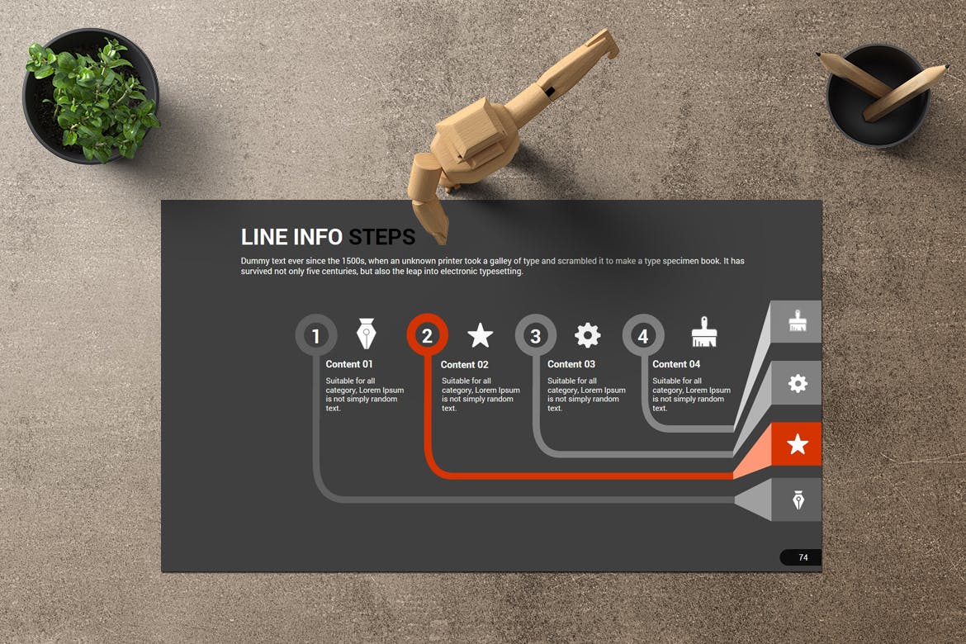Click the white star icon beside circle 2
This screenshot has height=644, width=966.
[480, 335]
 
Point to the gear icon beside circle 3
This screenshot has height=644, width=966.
[587, 335]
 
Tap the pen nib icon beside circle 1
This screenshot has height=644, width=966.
[367, 334]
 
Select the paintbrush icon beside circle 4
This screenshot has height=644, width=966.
[704, 332]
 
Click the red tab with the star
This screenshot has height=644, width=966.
[797, 443]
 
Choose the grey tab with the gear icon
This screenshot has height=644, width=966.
[797, 383]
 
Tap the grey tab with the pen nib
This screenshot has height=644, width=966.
[797, 500]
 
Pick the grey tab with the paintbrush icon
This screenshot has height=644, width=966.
[796, 322]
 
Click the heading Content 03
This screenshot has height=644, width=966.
[571, 364]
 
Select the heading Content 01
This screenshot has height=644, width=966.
[348, 364]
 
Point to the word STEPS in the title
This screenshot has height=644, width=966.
[382, 237]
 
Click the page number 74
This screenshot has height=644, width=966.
[803, 557]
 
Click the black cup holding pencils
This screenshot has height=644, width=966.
[878, 96]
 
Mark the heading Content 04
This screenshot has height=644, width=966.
[676, 364]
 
